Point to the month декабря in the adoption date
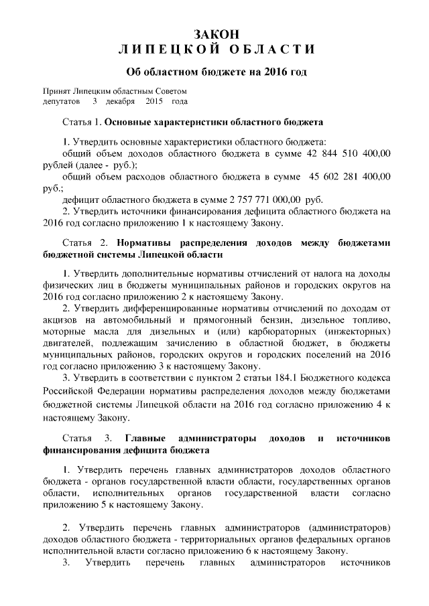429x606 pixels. coord(120,102)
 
